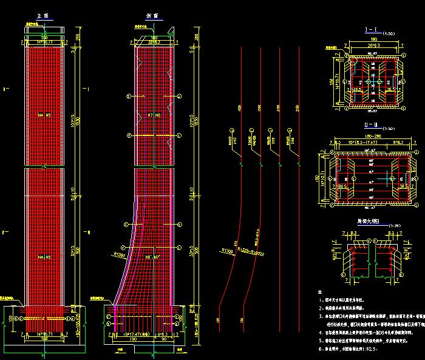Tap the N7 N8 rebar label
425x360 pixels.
(x=153, y=114)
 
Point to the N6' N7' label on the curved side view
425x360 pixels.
(x=153, y=258)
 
